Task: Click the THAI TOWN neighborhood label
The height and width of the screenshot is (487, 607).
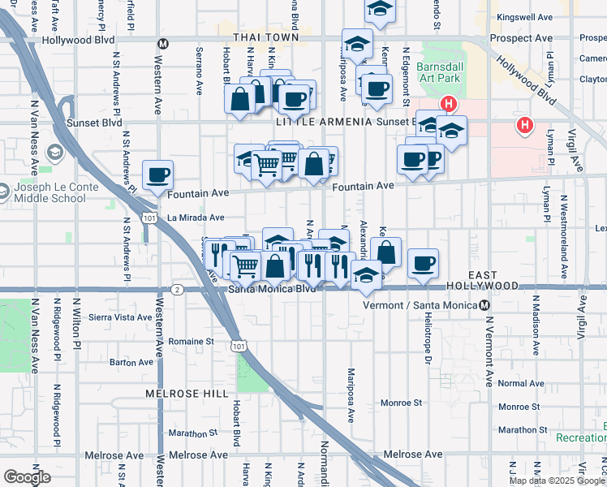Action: coord(265,38)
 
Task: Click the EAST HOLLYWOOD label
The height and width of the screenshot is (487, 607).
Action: coord(482,286)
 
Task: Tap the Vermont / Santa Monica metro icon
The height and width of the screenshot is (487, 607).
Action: coord(484,305)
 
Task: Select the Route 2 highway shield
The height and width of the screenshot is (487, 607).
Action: coord(177,289)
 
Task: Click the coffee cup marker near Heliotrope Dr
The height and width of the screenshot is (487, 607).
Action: coord(423,263)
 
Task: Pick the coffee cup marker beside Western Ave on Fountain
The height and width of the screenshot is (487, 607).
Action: coord(157,175)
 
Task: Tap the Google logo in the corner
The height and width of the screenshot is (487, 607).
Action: coord(28,477)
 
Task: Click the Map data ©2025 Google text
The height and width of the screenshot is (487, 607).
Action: coord(557,481)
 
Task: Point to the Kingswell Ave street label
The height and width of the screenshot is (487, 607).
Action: coord(525,16)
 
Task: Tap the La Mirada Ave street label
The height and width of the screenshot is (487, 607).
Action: coord(196,218)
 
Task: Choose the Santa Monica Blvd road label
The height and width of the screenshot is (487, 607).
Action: coord(272,289)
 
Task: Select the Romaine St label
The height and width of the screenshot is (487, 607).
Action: coord(191,342)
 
